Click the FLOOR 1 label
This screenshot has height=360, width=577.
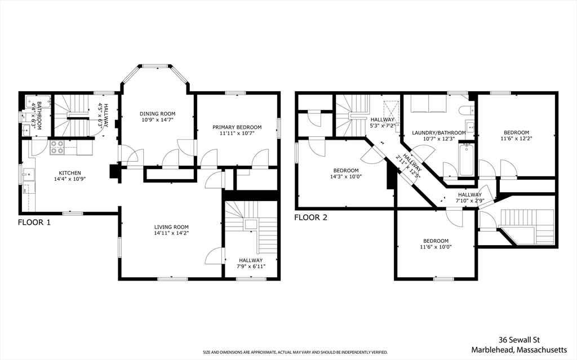34,223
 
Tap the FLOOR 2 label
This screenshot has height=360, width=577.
310,217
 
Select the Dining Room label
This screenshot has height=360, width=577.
158,114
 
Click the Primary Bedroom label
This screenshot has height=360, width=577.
237,127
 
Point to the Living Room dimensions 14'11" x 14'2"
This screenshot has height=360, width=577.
171,233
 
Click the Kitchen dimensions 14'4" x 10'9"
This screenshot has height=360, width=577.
70,179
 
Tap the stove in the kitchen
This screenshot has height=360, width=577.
57,147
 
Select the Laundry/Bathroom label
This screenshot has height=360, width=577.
438,133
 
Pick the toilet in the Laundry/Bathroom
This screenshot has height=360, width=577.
465,110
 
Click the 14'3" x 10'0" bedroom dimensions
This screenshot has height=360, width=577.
346,176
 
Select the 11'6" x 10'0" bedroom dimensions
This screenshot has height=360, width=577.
436,247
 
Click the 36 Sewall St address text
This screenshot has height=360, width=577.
519,340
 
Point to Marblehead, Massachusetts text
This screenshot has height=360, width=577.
519,349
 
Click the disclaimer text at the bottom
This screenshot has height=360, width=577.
295,352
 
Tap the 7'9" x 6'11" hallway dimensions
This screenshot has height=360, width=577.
251,266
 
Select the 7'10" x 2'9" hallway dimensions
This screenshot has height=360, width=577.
470,201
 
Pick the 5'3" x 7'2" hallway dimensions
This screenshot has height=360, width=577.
383,126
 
